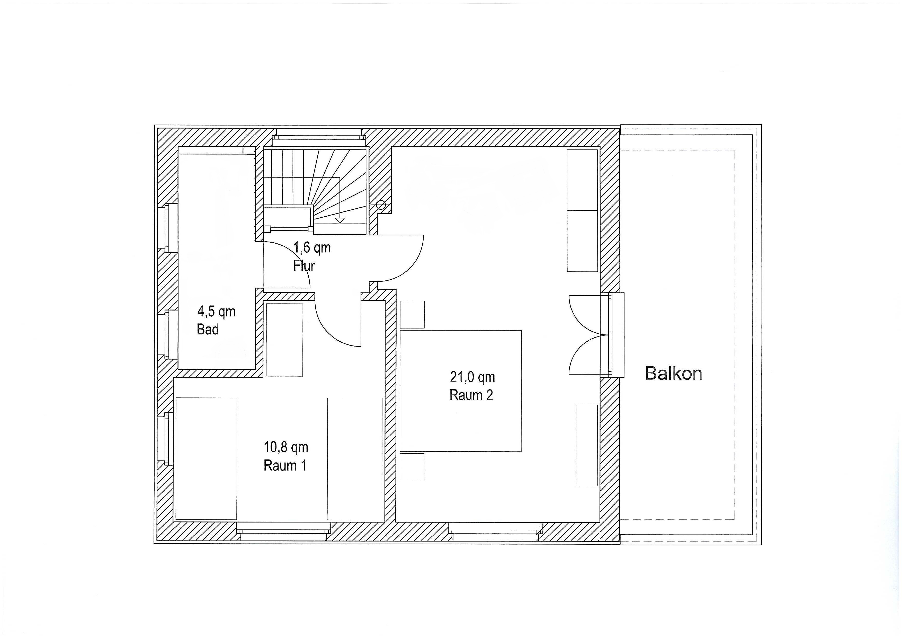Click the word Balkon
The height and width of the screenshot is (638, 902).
(x=673, y=373)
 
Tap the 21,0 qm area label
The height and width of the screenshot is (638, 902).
(x=472, y=377)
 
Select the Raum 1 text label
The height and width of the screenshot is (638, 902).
(x=285, y=466)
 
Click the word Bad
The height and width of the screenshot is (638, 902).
(x=207, y=329)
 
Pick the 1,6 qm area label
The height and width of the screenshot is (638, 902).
(x=312, y=247)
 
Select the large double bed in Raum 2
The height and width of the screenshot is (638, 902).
(x=460, y=391)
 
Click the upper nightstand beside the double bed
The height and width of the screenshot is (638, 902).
(x=412, y=315)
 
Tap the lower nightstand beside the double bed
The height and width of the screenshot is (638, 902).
(x=412, y=467)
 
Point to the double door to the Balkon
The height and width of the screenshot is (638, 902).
(x=596, y=335)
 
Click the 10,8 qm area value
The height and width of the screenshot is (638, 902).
(x=285, y=447)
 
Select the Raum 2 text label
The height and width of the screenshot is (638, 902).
(x=471, y=395)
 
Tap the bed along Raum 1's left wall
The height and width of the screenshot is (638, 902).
(x=206, y=458)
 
